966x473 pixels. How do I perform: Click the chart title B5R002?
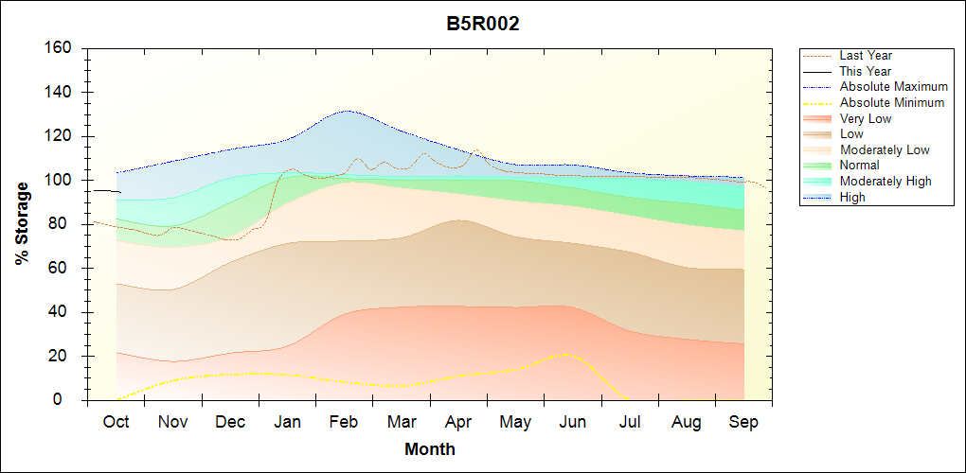(483, 25)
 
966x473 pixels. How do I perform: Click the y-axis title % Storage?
(22, 223)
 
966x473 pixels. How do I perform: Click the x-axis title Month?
(430, 449)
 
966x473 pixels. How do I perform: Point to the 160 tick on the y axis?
(59, 48)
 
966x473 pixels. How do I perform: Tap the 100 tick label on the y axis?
(59, 181)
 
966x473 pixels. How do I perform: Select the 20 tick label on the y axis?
(63, 357)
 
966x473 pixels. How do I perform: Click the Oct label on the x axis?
(116, 422)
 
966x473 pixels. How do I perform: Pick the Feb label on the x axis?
(344, 422)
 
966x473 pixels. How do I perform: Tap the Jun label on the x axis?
(572, 422)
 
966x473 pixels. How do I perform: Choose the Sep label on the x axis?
(743, 422)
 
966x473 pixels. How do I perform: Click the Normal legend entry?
(859, 166)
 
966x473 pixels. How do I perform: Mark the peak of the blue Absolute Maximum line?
(348, 111)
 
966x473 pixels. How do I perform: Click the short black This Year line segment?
(106, 191)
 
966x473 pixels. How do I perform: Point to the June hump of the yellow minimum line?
(567, 354)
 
